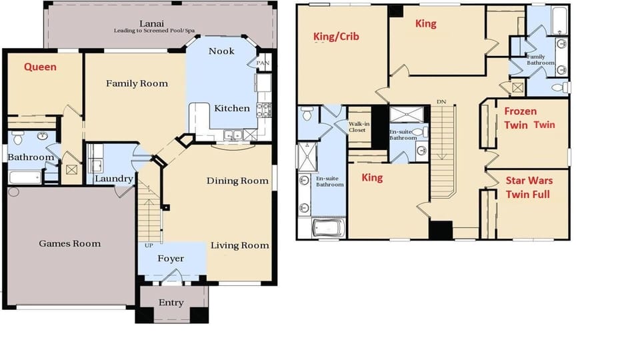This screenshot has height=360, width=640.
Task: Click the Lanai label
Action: (160, 23)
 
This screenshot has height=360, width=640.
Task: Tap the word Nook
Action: (221, 51)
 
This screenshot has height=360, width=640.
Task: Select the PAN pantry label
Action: (263, 63)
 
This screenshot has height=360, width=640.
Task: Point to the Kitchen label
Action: (231, 108)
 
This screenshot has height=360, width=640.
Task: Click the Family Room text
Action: (137, 83)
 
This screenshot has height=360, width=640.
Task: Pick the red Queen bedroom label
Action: (40, 67)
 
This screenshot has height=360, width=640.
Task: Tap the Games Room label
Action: (70, 243)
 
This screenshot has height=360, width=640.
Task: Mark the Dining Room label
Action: (237, 181)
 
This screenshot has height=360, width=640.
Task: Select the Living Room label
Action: (240, 245)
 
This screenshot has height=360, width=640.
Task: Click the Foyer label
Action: (171, 259)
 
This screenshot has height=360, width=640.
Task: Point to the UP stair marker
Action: (148, 245)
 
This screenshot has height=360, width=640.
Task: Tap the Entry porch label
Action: (171, 303)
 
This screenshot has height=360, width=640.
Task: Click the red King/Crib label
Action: (336, 37)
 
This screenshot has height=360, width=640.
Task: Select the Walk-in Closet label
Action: (360, 127)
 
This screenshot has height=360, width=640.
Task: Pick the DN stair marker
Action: (441, 101)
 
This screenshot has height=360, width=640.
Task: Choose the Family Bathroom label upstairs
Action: (540, 60)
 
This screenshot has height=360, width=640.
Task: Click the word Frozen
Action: (521, 111)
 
